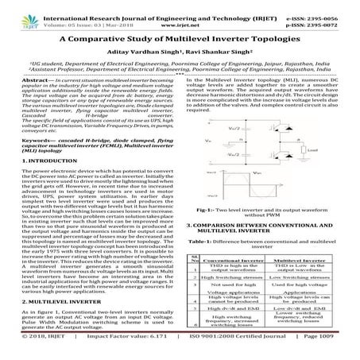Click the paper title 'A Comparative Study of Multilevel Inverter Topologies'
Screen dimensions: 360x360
(x=180, y=37)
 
